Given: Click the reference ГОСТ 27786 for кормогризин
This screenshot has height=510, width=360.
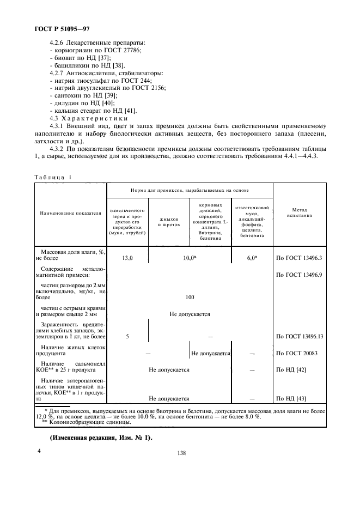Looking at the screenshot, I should click(x=124, y=50).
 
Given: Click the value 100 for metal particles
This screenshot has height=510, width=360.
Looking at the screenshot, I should click(x=190, y=297).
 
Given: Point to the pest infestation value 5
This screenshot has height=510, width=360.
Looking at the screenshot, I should click(x=127, y=336).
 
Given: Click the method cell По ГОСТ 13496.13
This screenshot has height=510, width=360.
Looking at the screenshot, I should click(x=300, y=336).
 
